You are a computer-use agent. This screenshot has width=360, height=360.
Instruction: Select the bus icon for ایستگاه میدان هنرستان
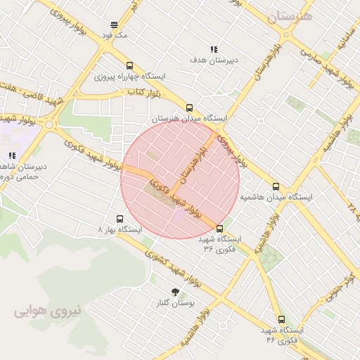(189, 108)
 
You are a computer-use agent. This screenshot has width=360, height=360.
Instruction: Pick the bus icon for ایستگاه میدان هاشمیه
(276, 187)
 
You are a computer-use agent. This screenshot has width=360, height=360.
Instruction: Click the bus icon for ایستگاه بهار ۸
(119, 219)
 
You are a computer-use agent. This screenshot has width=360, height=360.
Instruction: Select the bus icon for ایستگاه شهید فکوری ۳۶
(219, 229)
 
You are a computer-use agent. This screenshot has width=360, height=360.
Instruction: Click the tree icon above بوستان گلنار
(174, 292)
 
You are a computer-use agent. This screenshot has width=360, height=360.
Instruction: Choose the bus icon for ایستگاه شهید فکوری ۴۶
(281, 319)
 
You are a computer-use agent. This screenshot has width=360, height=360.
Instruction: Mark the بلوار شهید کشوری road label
(169, 266)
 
